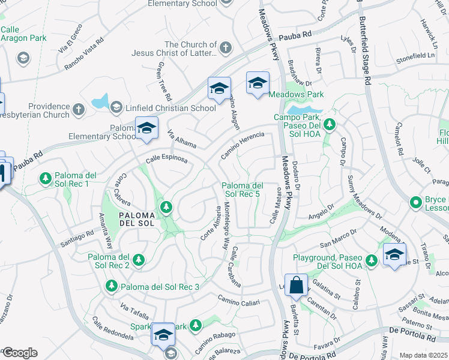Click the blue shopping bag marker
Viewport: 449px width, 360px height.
297,286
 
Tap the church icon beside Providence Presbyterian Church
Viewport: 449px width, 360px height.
79,109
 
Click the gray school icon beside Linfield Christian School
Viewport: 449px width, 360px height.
116,108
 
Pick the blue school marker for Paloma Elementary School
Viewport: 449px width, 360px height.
146,128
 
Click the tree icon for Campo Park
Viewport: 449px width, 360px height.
329,124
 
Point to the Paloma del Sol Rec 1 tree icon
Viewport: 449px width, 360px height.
45,178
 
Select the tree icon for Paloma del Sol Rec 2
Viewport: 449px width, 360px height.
139,260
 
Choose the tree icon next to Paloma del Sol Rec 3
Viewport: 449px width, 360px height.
110,286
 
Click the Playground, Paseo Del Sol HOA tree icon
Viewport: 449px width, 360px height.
372,260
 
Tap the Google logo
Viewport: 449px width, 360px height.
19,352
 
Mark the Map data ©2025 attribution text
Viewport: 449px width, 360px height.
423,355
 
